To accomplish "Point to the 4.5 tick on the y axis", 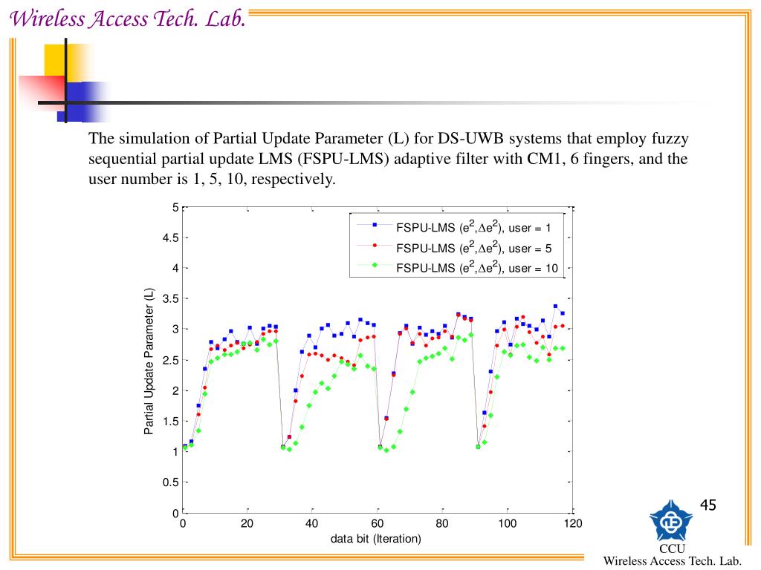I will (170, 237).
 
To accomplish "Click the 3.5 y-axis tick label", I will (170, 298).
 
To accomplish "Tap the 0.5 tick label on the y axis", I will (170, 482).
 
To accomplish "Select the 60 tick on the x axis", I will (378, 524).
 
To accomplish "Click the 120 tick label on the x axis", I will (572, 524).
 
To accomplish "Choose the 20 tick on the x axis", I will (247, 524).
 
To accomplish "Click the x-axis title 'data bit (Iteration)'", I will (376, 539).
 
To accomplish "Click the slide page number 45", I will (707, 505).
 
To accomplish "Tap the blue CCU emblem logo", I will (671, 520).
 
